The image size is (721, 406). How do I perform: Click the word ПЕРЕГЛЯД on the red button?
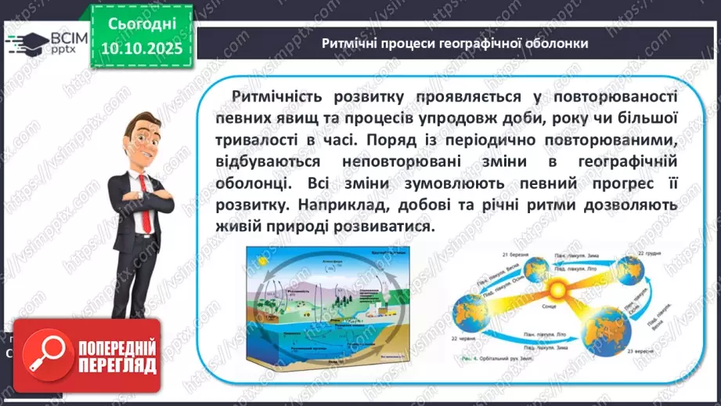pyautogui.click(x=115, y=365)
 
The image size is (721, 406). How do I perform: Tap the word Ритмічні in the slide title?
pyautogui.click(x=348, y=43)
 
